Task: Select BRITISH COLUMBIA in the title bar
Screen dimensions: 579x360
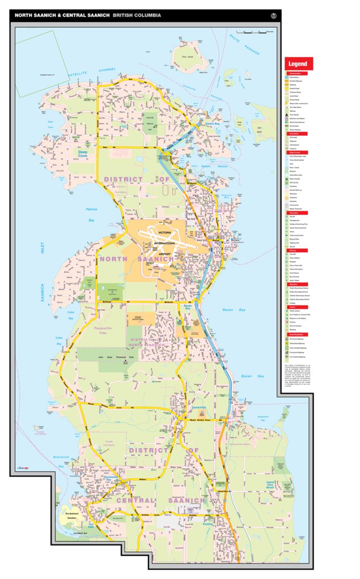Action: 137,15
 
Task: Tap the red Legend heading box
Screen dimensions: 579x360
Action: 299,63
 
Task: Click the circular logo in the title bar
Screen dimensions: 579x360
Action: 274,15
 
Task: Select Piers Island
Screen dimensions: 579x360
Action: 184,56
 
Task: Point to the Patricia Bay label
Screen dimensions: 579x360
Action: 91,212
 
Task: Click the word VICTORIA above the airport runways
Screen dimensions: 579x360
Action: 165,233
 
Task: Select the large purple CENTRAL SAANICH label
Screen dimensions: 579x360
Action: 160,501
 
